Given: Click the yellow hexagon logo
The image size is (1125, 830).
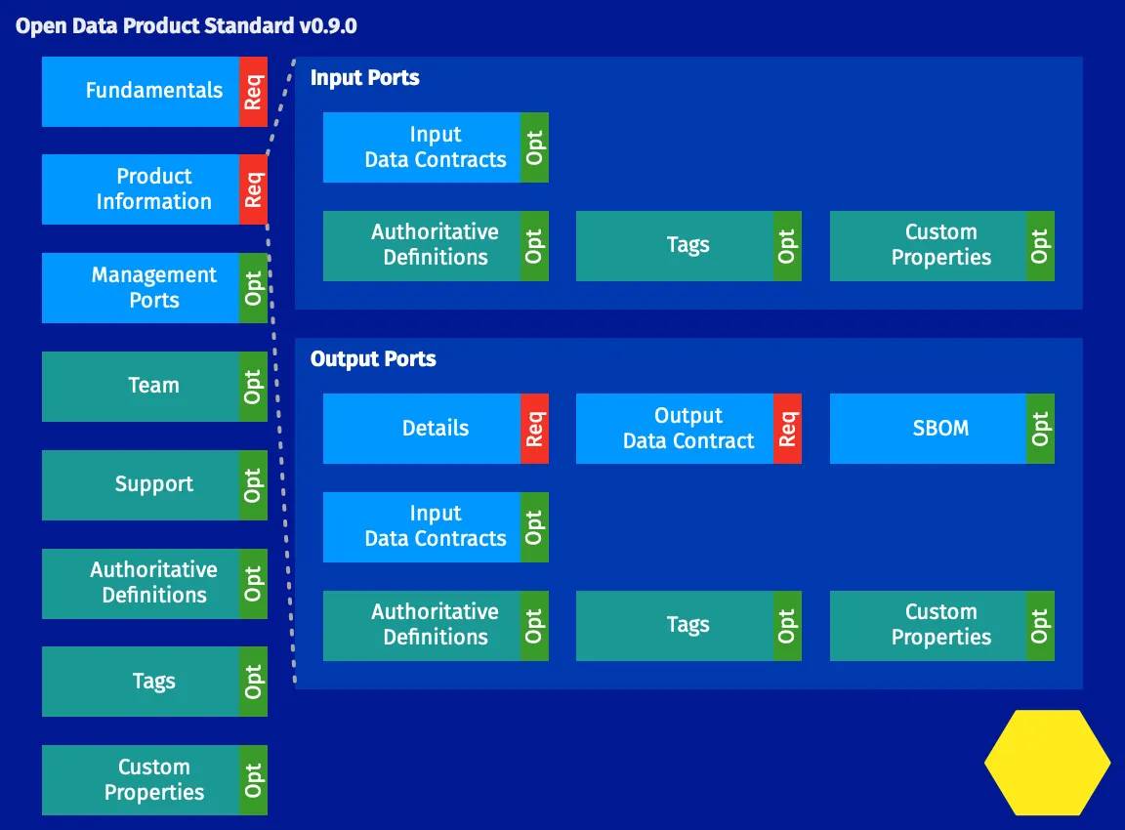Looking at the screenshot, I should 1047,763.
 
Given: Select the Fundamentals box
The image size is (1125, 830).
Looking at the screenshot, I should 142,91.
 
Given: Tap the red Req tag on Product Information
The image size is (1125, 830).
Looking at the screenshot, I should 253,189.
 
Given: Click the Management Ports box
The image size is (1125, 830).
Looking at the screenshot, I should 142,288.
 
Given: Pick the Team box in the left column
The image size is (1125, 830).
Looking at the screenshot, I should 142,386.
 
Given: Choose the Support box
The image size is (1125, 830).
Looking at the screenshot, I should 142,484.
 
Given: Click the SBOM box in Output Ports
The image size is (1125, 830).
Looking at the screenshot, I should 929,428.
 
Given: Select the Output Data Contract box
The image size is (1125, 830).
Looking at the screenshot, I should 676,428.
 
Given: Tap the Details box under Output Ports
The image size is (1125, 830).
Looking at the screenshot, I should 423,428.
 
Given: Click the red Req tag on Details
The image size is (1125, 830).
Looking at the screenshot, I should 534,428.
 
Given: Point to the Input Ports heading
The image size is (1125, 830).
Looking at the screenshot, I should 365,78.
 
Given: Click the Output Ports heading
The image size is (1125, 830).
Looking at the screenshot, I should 373,359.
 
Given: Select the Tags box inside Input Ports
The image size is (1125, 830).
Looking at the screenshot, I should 676,246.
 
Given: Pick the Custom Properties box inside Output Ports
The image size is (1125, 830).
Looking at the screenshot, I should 929,625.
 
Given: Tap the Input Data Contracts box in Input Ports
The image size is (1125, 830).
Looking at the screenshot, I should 423,147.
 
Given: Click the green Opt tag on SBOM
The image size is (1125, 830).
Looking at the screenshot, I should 1040,428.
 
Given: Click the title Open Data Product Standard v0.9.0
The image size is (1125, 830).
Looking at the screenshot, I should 187,26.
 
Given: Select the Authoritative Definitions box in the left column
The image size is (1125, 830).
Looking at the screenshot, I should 142,583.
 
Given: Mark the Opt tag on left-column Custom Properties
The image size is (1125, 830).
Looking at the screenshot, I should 253,780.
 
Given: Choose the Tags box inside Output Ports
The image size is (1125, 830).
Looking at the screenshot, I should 676,625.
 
